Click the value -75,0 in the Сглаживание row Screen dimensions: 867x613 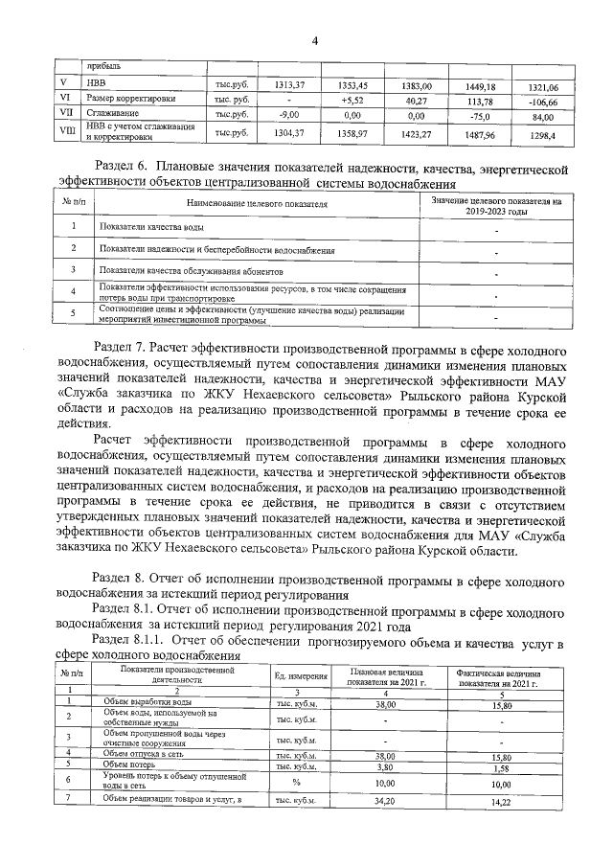click(x=481, y=114)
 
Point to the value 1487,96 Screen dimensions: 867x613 click(x=480, y=135)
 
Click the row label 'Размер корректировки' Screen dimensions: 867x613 click(x=126, y=98)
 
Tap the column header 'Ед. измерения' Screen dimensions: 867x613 click(x=301, y=677)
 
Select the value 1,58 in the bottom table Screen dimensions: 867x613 click(x=497, y=767)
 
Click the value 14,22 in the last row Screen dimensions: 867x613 click(x=497, y=800)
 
